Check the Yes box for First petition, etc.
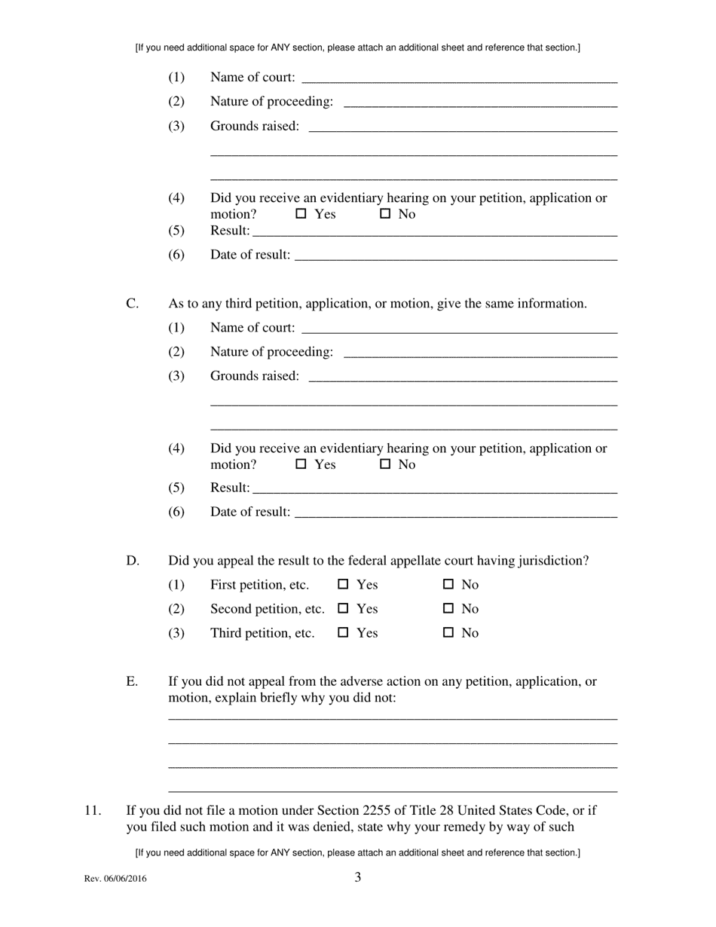coord(344,584)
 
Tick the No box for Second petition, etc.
coord(448,608)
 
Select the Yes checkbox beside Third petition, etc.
coord(344,632)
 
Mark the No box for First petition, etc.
coord(448,584)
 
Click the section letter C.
coord(132,304)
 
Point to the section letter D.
coord(133,561)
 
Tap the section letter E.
coord(132,681)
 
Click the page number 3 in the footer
coord(358,877)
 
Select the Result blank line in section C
coord(435,488)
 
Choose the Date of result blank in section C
coord(455,512)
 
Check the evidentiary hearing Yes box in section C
coord(301,464)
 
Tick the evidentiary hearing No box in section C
coord(385,464)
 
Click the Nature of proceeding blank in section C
coord(479,353)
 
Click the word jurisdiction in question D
coord(551,561)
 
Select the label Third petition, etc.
coord(262,633)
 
